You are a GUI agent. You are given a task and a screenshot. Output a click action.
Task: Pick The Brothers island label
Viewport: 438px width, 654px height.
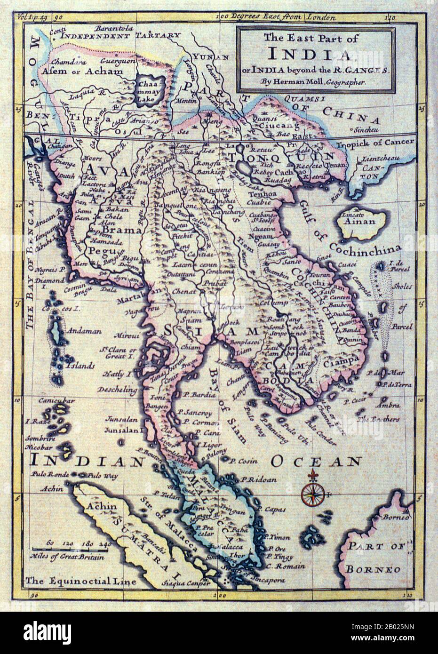[378, 418]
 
